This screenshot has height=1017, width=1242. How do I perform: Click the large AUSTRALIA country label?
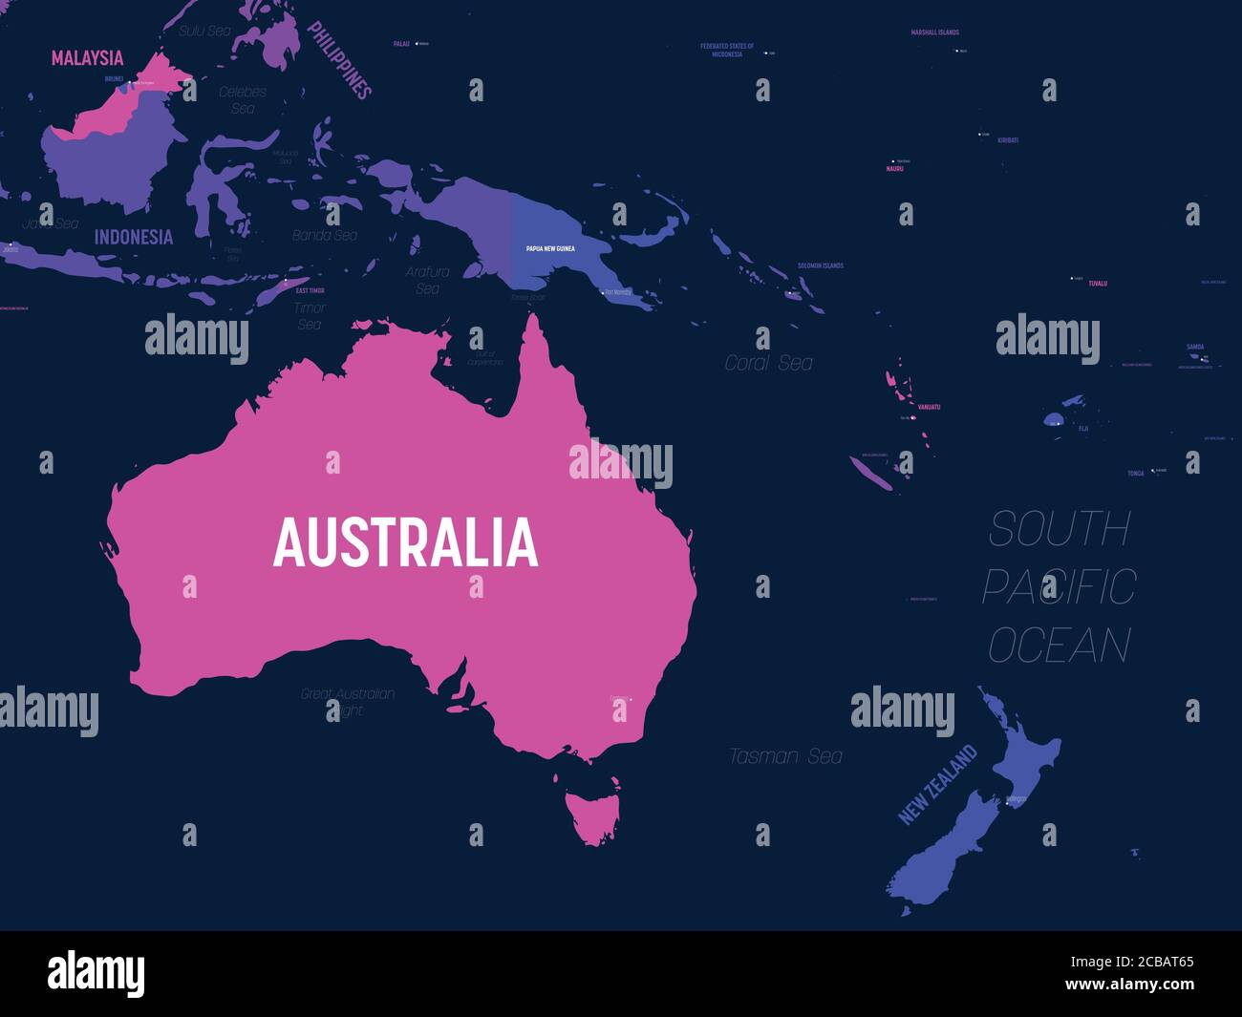click(405, 542)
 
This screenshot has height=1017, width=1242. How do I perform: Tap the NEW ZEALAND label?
click(938, 784)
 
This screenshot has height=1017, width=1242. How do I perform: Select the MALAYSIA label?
click(87, 58)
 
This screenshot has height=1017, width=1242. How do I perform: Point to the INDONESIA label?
click(134, 237)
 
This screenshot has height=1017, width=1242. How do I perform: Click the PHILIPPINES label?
click(338, 60)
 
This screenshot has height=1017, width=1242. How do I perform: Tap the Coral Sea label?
click(768, 363)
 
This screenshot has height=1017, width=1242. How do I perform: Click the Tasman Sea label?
click(785, 756)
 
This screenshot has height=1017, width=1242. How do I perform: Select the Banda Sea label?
click(325, 235)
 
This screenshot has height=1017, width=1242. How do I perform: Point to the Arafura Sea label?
click(427, 280)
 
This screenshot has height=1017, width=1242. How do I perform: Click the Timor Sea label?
click(310, 316)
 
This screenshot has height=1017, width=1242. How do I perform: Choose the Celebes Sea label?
click(243, 100)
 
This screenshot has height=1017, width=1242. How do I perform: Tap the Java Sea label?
click(51, 223)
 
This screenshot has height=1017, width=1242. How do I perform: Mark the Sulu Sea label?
click(205, 31)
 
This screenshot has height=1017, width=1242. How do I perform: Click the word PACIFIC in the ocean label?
click(1059, 586)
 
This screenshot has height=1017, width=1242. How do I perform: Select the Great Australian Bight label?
click(348, 702)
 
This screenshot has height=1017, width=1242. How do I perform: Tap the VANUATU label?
click(929, 407)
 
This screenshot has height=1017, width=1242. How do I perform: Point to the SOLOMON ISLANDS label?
click(821, 265)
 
